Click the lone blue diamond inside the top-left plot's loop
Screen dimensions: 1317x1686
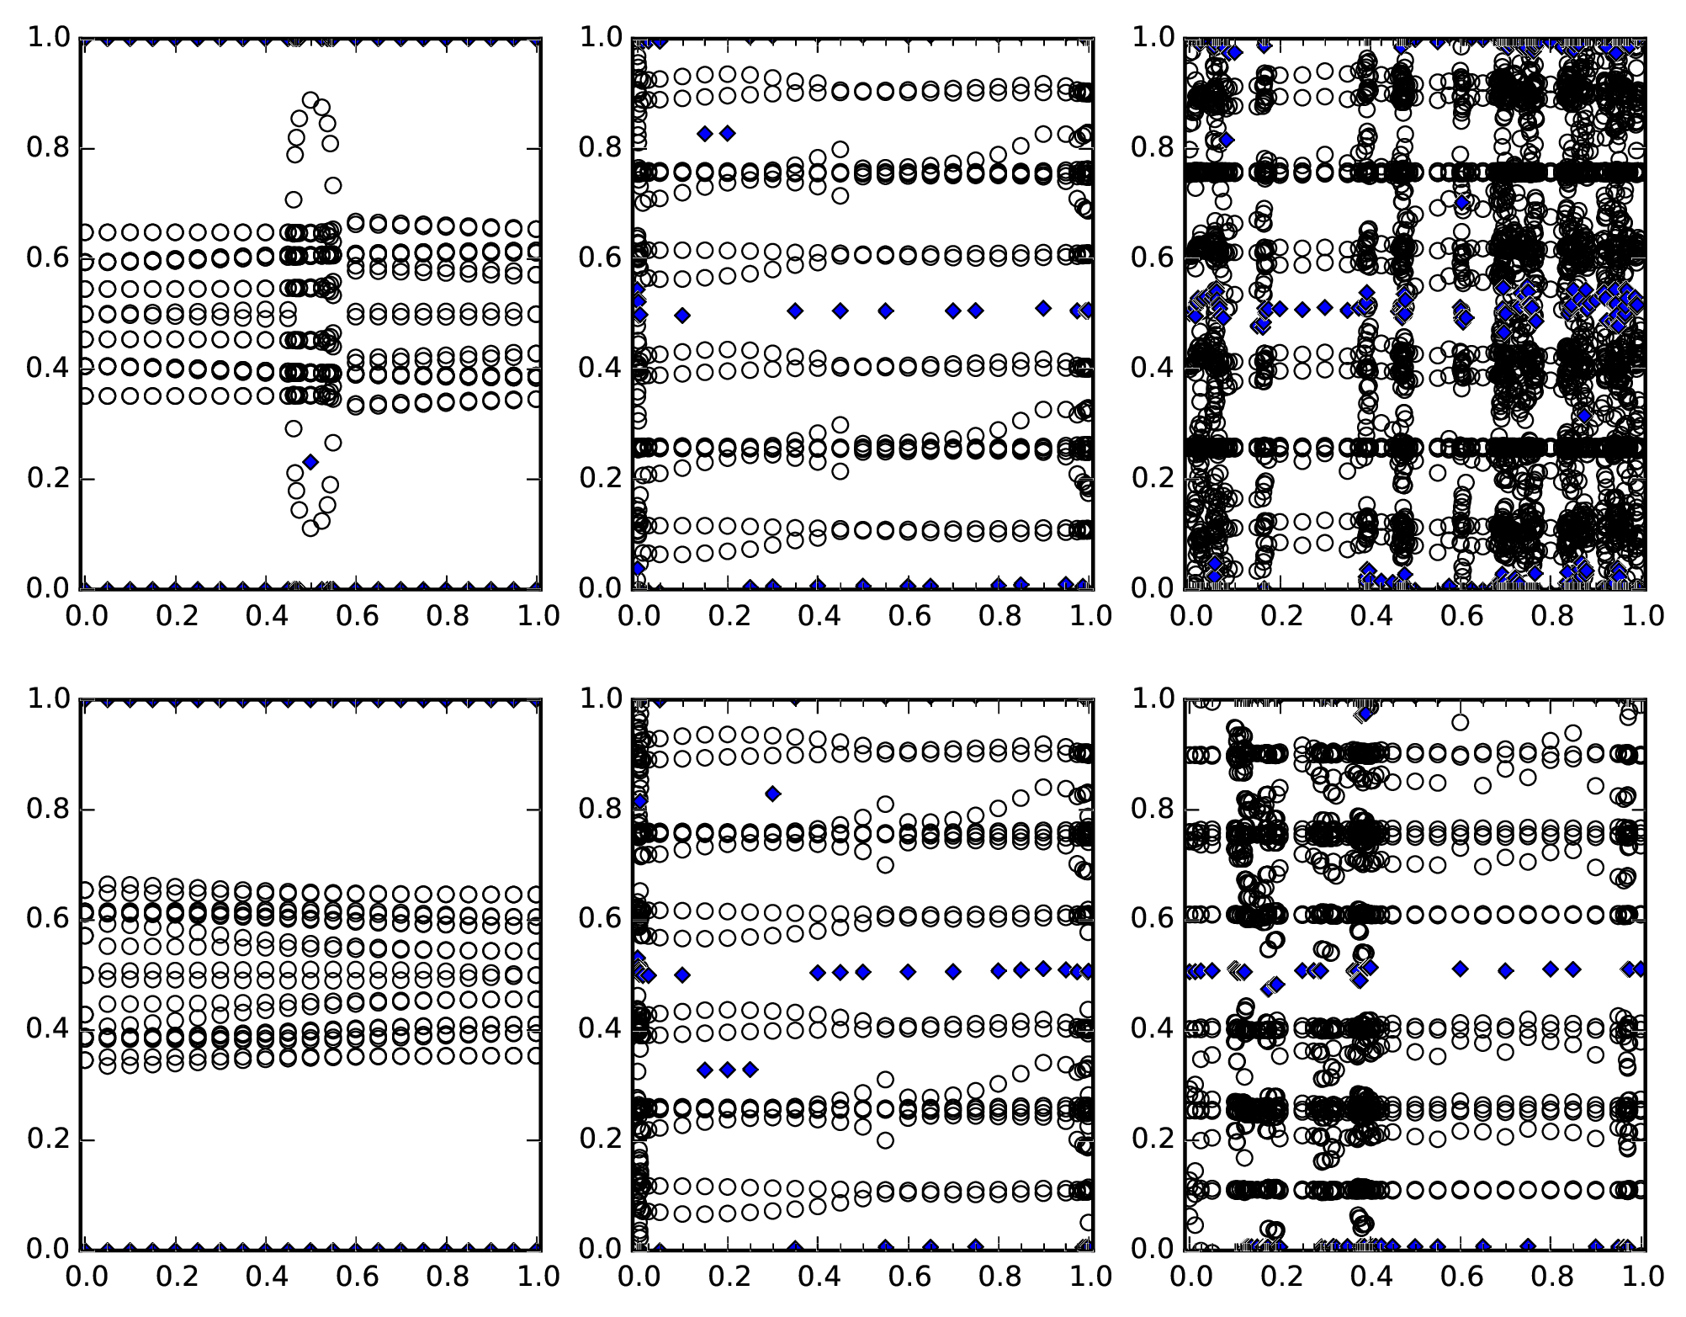[310, 461]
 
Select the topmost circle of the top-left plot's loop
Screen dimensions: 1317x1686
[310, 100]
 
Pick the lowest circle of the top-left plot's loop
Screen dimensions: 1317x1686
[310, 528]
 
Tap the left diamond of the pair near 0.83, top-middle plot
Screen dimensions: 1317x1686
[705, 133]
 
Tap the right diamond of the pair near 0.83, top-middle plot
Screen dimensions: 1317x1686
[728, 133]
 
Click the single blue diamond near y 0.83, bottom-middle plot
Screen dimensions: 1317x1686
[772, 793]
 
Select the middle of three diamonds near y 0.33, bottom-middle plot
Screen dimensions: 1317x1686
[728, 1070]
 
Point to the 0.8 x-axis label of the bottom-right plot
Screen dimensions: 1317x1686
[1552, 1277]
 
